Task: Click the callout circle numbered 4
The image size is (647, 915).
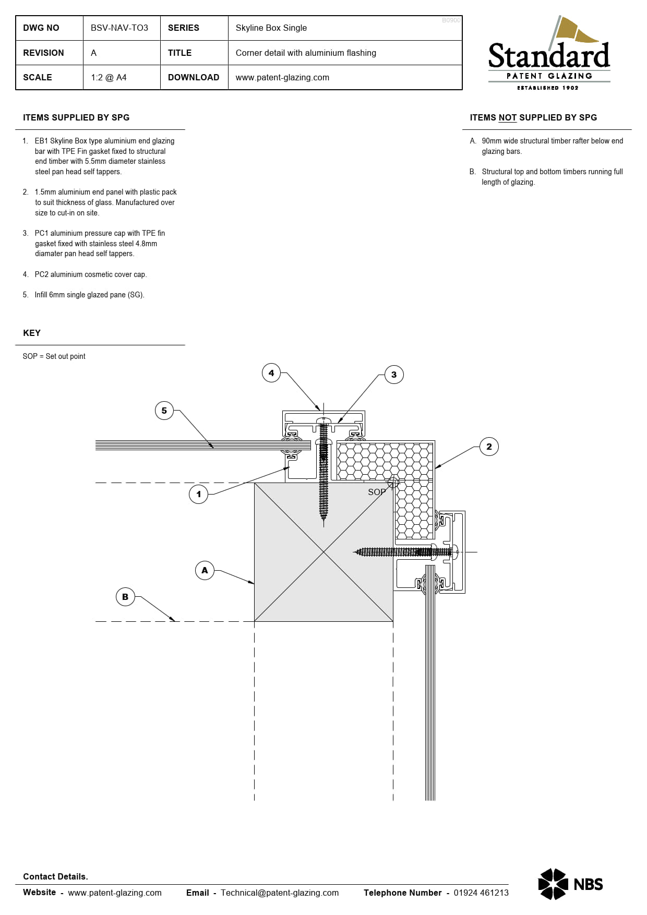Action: pyautogui.click(x=271, y=373)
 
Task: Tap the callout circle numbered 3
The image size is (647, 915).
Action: pyautogui.click(x=394, y=375)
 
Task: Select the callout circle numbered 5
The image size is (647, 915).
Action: pyautogui.click(x=164, y=411)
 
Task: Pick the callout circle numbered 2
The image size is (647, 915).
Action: pyautogui.click(x=489, y=447)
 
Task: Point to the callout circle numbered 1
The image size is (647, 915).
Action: pyautogui.click(x=198, y=494)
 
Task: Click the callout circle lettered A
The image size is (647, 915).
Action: pyautogui.click(x=205, y=570)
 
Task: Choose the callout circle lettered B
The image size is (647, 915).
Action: pyautogui.click(x=125, y=597)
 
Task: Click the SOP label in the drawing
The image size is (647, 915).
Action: pyautogui.click(x=377, y=492)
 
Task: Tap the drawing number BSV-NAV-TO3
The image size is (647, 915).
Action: pyautogui.click(x=119, y=28)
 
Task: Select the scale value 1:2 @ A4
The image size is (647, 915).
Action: pyautogui.click(x=109, y=77)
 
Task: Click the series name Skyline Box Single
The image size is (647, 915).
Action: pyautogui.click(x=271, y=28)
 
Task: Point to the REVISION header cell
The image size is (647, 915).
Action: pyautogui.click(x=43, y=53)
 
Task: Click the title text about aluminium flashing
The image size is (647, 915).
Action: pyautogui.click(x=306, y=53)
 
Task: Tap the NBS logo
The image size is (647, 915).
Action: pyautogui.click(x=570, y=884)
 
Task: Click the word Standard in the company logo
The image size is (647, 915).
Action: pyautogui.click(x=549, y=56)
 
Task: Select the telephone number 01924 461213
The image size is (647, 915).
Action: pyautogui.click(x=481, y=893)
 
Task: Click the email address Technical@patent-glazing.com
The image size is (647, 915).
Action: pyautogui.click(x=280, y=893)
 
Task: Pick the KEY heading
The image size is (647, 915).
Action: pyautogui.click(x=32, y=333)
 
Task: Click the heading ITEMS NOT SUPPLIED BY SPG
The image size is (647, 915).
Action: pyautogui.click(x=533, y=117)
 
